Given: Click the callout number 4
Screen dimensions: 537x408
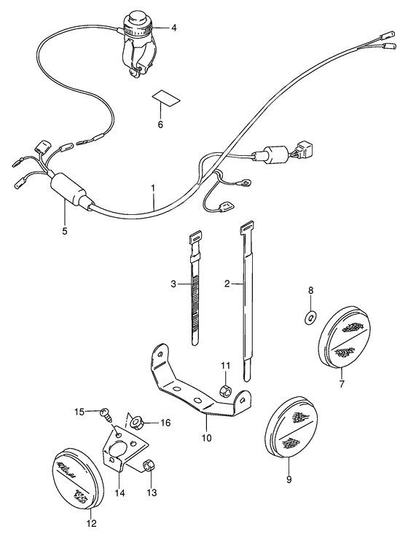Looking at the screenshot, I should coord(174,28).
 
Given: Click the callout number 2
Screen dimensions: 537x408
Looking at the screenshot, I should coord(227,283).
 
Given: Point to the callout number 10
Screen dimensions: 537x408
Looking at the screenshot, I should coord(206,438).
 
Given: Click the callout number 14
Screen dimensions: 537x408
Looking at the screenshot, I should coord(119,493).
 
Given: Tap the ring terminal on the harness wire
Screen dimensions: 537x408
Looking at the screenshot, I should coord(248,184).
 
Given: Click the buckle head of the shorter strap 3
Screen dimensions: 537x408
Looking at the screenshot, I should coord(194,238).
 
